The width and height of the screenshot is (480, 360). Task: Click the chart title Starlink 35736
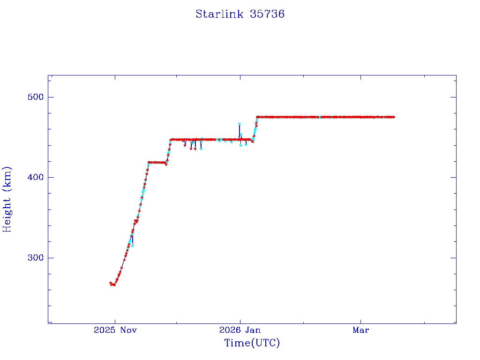click(240, 14)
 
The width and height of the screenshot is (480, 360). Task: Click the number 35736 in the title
click(267, 14)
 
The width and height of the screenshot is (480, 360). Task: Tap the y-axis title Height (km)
click(7, 199)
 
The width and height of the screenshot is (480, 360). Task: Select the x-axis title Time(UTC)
click(252, 343)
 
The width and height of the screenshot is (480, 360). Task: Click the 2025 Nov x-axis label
click(115, 330)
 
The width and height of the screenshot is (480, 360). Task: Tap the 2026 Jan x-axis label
click(240, 330)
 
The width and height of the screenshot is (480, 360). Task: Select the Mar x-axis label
click(361, 330)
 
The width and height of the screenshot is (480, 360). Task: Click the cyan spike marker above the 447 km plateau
click(239, 124)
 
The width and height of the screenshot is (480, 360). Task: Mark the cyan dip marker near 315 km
click(133, 246)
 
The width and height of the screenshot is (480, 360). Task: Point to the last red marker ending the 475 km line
click(394, 117)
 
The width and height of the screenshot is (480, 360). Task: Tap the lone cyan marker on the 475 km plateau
click(319, 117)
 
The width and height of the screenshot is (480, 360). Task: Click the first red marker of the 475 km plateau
click(257, 117)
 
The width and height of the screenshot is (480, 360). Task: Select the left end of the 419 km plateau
click(149, 162)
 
